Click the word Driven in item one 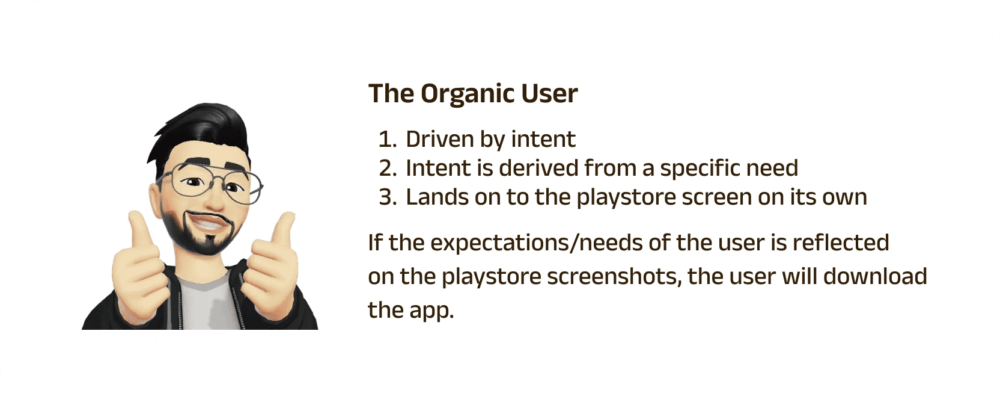pyautogui.click(x=440, y=139)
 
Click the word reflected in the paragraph pyautogui.click(x=841, y=243)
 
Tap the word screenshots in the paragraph pyautogui.click(x=614, y=277)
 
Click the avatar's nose pyautogui.click(x=215, y=200)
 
